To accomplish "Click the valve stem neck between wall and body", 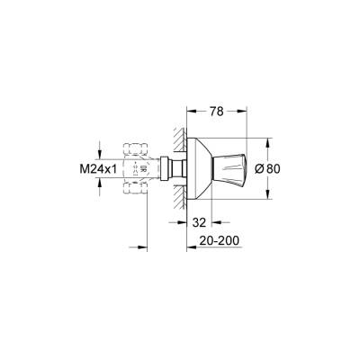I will (174, 167).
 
